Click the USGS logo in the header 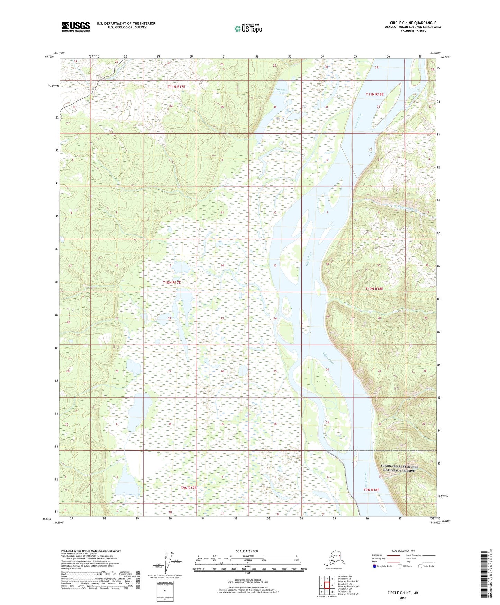click(75, 27)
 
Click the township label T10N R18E click(374, 289)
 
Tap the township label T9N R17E click(189, 488)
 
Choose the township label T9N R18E click(371, 490)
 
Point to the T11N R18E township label click(375, 94)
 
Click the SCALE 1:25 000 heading click(247, 551)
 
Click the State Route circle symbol click(420, 566)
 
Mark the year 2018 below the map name click(402, 598)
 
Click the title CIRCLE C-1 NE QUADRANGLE click(413, 23)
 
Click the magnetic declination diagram click(169, 561)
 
